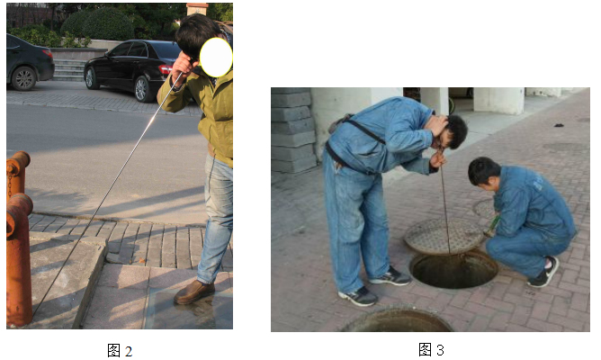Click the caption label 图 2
120,351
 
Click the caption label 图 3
431,349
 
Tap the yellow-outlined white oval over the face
216,58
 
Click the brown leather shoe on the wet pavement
194,292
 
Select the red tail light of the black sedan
166,69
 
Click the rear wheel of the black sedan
142,89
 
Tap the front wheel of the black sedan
91,77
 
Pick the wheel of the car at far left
24,78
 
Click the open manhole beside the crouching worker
453,269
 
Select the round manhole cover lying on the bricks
444,235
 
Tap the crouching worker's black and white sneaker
545,273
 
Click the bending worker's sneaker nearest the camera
358,296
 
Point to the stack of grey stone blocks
292,130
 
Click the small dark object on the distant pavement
559,125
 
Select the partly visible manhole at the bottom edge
397,320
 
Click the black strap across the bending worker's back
365,131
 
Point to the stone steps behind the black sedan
69,70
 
